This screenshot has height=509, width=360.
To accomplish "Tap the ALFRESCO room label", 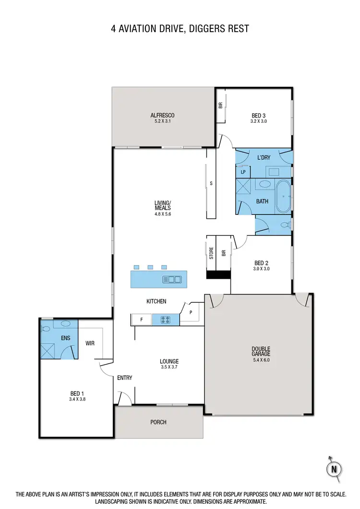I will point(162,115).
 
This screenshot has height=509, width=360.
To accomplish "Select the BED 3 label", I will point(259,115).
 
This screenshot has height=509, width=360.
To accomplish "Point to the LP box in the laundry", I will point(243,172).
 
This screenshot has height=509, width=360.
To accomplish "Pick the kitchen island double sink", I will point(171,279).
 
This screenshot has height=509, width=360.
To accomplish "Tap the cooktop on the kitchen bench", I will point(166,319).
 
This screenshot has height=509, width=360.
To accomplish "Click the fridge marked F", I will point(142,319).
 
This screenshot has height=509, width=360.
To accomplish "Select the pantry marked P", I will point(191,312).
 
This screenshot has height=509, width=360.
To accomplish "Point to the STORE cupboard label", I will point(211,253).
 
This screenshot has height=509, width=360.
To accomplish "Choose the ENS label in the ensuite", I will point(66,338).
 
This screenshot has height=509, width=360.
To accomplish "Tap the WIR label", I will point(90,343).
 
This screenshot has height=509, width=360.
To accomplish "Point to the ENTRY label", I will point(125,378).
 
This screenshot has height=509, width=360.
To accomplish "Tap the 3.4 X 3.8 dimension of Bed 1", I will point(77,399).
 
